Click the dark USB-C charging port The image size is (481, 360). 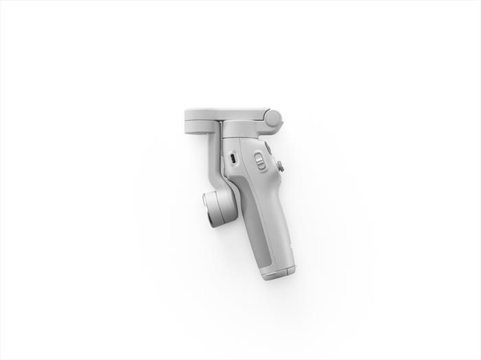point(232,158)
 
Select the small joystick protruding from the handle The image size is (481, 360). point(280,167)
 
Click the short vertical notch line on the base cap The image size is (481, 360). point(287,272)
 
